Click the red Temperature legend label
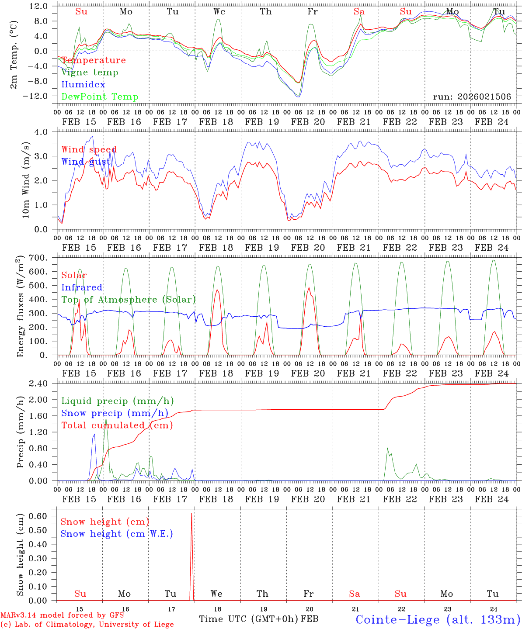94,60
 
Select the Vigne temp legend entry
90,73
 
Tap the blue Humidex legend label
83,85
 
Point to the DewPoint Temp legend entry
100,97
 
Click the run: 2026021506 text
472,97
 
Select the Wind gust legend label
86,162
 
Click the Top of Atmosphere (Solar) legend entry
129,300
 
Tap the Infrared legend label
82,287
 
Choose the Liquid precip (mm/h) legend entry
117,401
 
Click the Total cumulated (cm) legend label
117,425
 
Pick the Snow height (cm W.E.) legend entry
117,534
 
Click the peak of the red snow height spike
191,514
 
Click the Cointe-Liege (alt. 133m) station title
438,619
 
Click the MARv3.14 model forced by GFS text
62,615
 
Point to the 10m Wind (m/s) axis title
26,180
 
